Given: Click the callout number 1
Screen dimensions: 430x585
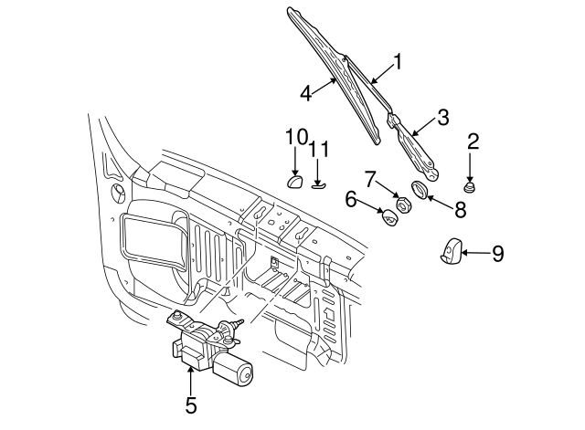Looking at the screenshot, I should (x=398, y=62).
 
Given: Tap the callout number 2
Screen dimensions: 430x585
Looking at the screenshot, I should (x=473, y=141).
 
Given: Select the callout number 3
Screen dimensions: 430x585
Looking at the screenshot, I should (x=442, y=117).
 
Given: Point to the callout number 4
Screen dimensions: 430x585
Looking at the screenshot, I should (x=308, y=91).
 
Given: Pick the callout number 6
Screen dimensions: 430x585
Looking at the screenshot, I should (x=351, y=199).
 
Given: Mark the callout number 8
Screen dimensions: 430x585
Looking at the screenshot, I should (x=460, y=210).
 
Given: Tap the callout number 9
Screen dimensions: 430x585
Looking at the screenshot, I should (x=497, y=254).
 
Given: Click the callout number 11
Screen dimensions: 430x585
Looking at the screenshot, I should (x=317, y=150).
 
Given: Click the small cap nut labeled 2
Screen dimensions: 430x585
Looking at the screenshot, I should (x=470, y=188).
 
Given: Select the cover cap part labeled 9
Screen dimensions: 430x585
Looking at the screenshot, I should (x=451, y=253).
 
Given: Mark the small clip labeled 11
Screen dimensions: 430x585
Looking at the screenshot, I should (x=317, y=185).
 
